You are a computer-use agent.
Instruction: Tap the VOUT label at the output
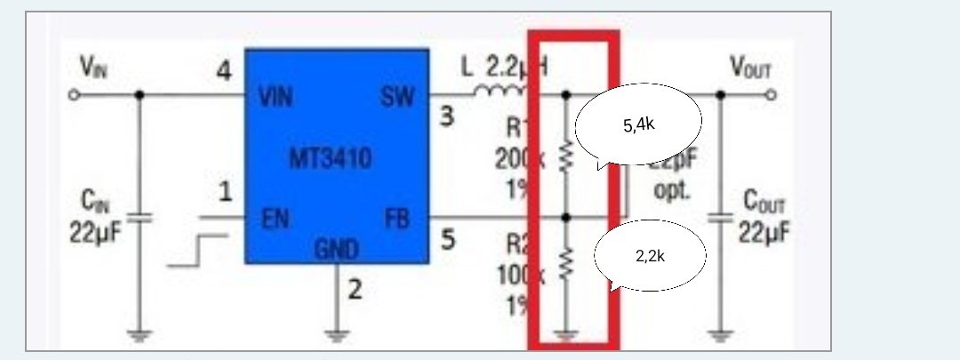750,66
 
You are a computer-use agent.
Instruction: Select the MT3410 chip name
330,159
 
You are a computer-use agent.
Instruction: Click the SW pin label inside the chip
397,96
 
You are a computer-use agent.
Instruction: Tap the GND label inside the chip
335,248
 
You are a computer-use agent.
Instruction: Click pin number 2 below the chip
355,289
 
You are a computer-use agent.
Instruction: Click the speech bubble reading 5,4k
638,125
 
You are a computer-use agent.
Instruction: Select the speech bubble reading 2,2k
650,256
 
